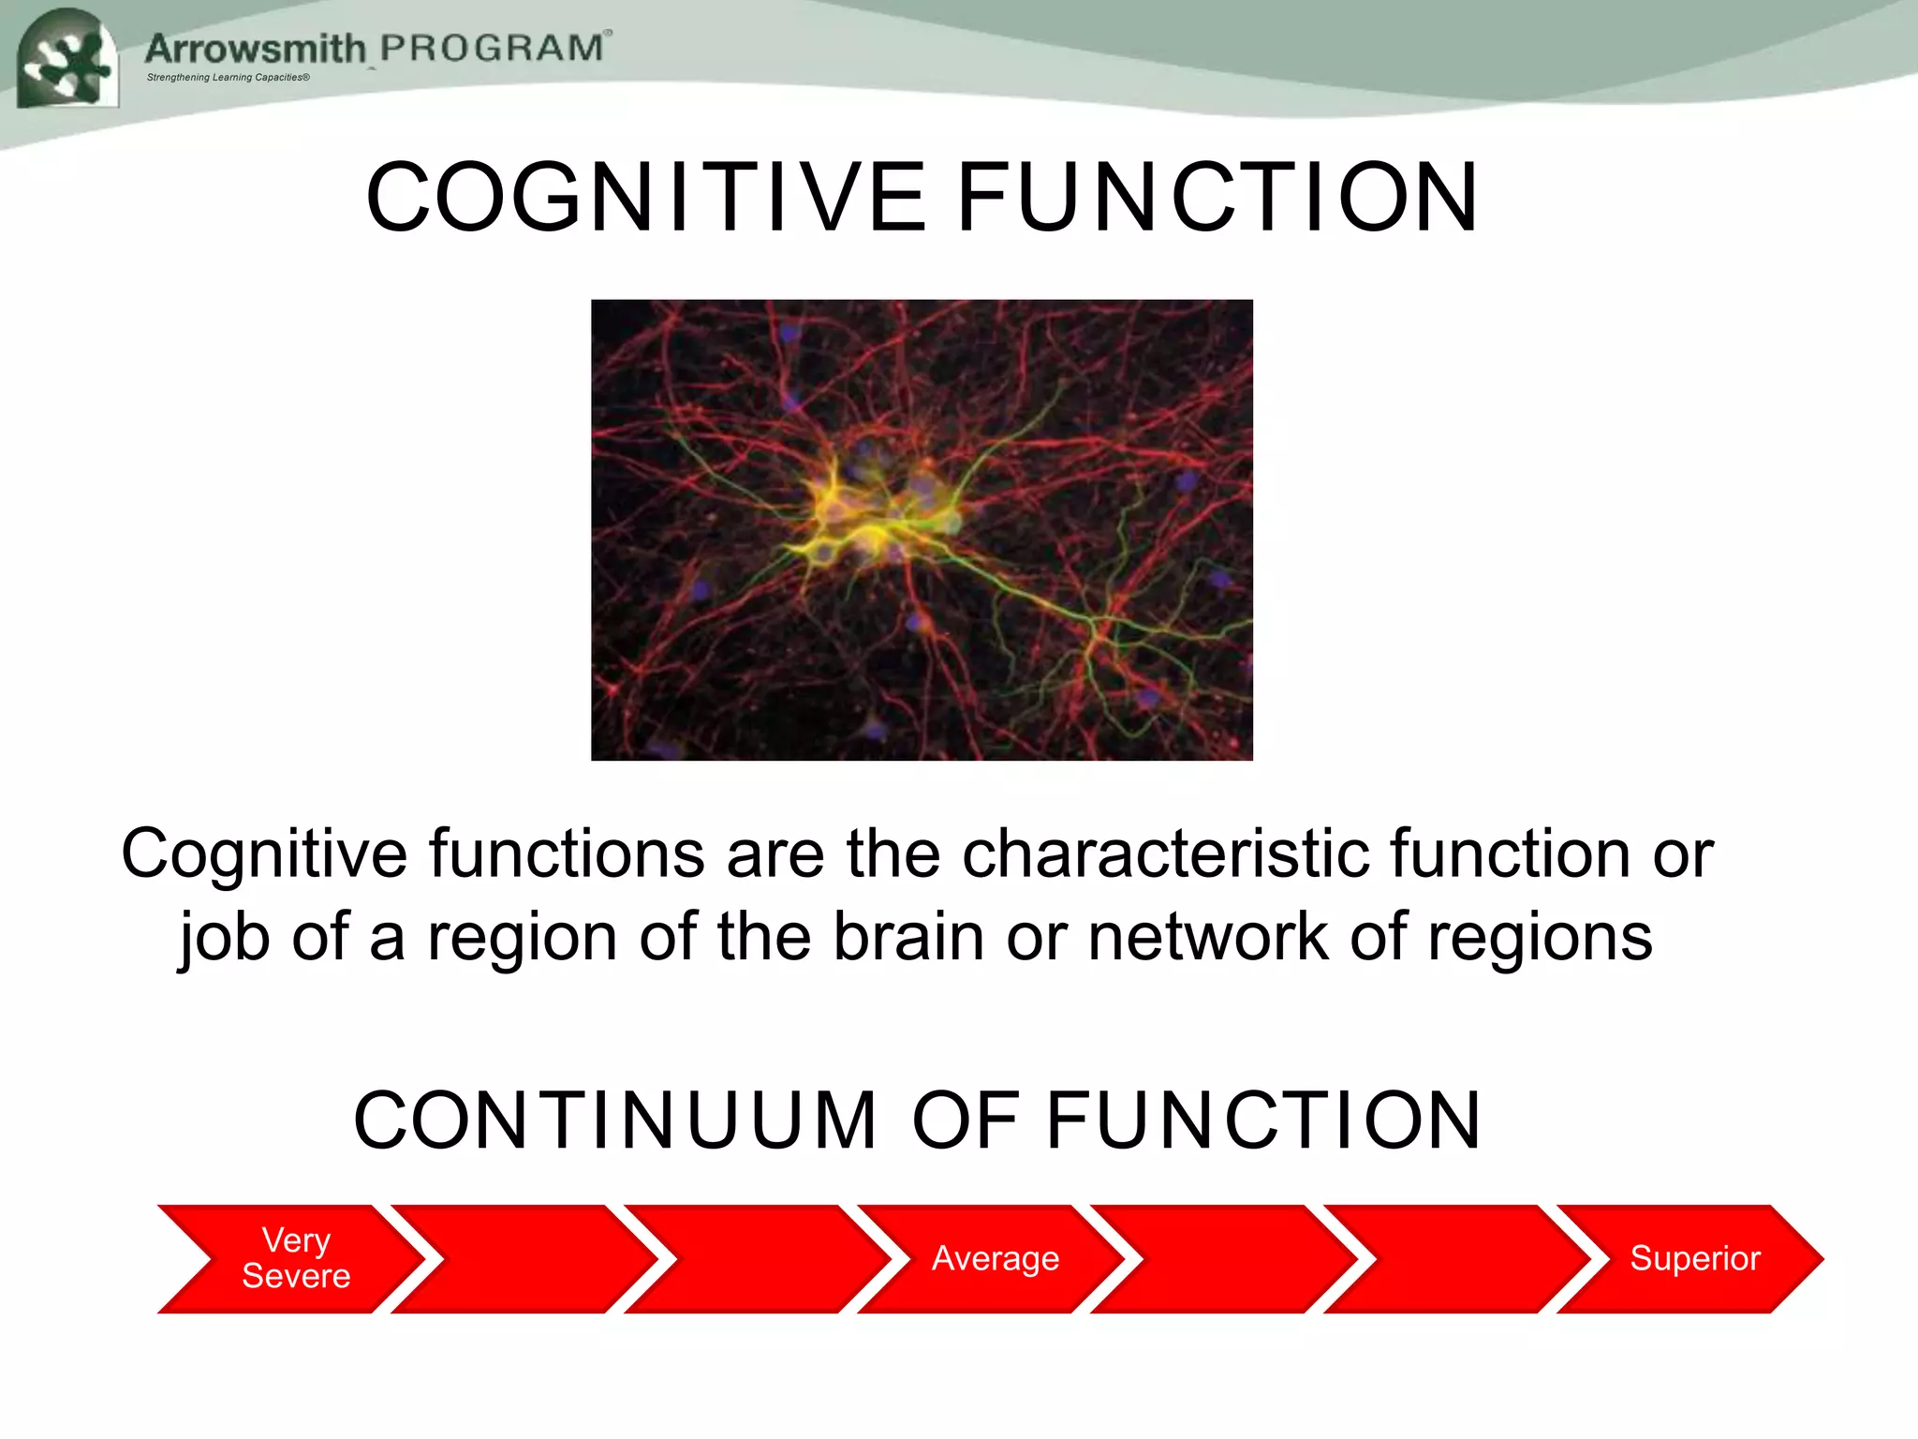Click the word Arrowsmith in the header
(x=255, y=49)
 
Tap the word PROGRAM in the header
(x=493, y=48)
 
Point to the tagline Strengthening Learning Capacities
(x=228, y=78)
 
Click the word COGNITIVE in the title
(x=646, y=198)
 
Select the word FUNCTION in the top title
(x=1217, y=198)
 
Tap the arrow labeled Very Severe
(x=295, y=1258)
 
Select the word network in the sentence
(x=1207, y=937)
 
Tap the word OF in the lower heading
(x=965, y=1120)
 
